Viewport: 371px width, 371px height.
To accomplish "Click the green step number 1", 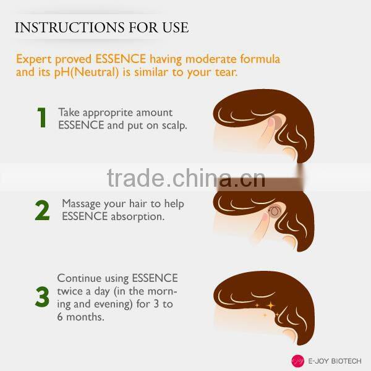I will tap(41, 117).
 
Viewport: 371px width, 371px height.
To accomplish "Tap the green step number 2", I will tap(42, 210).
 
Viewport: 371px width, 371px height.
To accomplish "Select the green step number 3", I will tap(42, 296).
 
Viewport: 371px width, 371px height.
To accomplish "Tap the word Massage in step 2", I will tap(81, 203).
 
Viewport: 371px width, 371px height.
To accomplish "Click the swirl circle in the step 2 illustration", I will tap(275, 213).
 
